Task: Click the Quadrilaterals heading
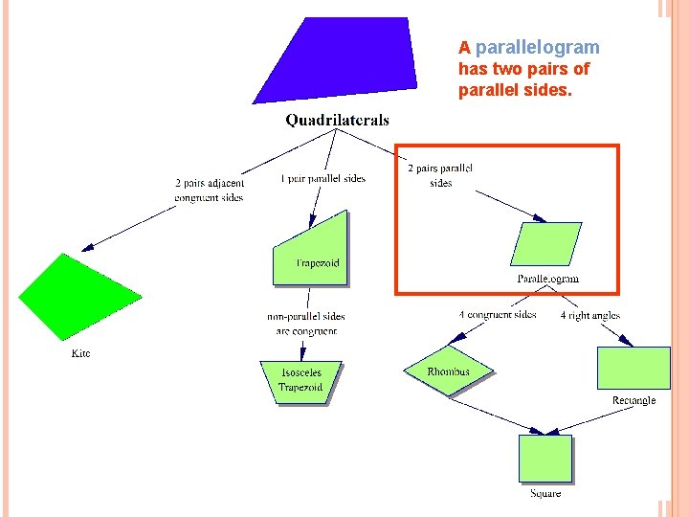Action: (337, 121)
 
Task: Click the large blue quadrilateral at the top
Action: (335, 59)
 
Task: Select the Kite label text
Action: (81, 353)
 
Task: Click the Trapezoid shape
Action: (312, 252)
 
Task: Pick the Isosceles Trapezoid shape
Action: (300, 381)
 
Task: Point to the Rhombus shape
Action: (448, 371)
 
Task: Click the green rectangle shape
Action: (633, 368)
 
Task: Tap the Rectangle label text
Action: (633, 400)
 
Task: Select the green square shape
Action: (545, 459)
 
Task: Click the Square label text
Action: (545, 493)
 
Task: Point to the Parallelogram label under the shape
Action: (548, 279)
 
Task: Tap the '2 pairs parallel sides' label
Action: (440, 175)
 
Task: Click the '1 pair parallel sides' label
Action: (323, 178)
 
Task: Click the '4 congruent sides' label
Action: (498, 315)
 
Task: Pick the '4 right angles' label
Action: (590, 315)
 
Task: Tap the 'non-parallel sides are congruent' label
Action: (306, 324)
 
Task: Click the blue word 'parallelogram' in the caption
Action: (537, 47)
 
